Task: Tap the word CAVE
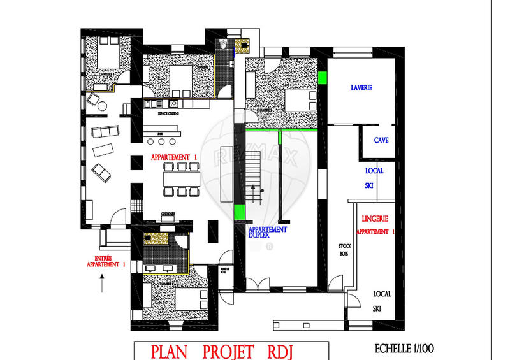coord(381,140)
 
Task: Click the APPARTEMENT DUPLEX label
coord(268,231)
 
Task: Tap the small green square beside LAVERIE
coord(323,78)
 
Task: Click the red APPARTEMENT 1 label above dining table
coord(175,157)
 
